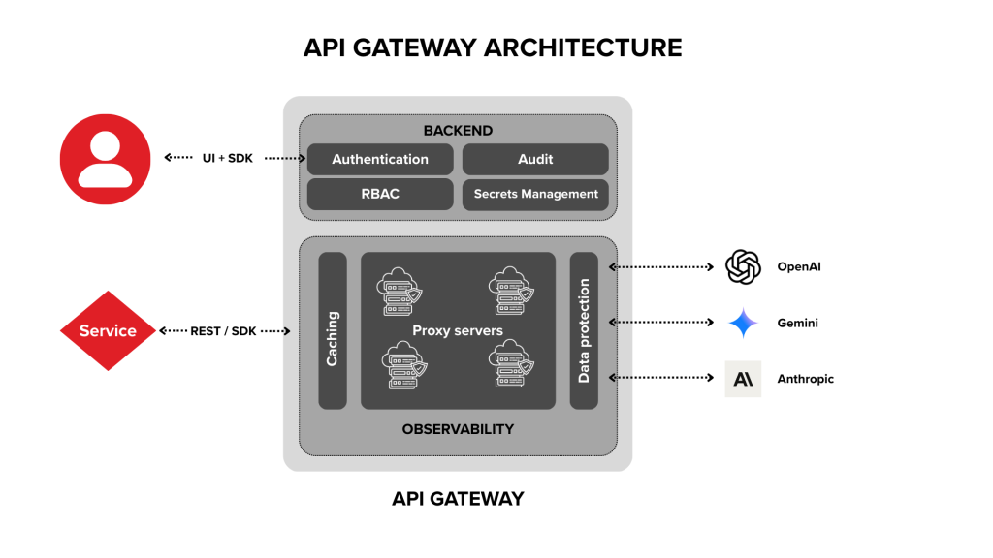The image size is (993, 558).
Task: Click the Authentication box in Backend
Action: (x=379, y=159)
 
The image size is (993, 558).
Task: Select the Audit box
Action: (x=535, y=159)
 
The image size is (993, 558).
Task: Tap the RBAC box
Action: (x=379, y=194)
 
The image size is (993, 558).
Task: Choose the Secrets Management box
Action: (x=535, y=194)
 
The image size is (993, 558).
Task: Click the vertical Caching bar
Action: (x=333, y=330)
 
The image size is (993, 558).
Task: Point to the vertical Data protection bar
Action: (x=584, y=330)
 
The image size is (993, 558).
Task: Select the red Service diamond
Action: (x=107, y=330)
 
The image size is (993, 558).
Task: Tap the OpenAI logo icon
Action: (x=743, y=266)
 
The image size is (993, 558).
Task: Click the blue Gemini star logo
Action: (x=743, y=323)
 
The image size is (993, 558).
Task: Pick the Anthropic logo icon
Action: (x=743, y=379)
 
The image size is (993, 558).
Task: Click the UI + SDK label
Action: (x=229, y=158)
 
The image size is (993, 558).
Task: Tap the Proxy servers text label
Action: (x=458, y=330)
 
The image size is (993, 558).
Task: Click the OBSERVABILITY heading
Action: (x=458, y=428)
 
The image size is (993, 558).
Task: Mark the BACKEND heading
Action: (x=458, y=131)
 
